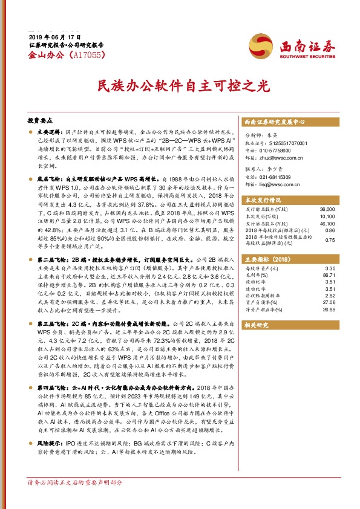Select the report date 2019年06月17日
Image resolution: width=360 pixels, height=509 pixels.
(54, 37)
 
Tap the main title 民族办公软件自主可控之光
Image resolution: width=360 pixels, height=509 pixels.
(180, 86)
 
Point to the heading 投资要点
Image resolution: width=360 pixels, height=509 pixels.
(40, 120)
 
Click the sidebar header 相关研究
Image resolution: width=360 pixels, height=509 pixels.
(256, 325)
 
